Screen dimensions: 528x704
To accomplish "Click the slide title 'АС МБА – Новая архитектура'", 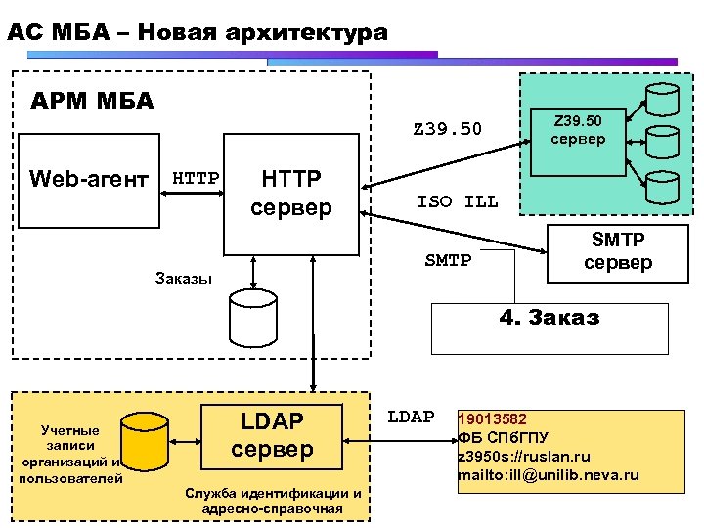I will [197, 32].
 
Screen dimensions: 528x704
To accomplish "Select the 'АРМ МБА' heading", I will [92, 101].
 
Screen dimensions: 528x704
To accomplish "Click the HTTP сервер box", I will [291, 193].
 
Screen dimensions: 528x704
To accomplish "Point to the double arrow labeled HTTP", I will [194, 192].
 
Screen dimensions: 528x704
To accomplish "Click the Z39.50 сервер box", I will [578, 130].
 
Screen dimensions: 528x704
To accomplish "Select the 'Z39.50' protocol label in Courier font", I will [447, 128].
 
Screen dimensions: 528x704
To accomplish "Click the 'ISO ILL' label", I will [457, 202].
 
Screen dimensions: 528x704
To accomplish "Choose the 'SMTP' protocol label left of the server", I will [448, 260].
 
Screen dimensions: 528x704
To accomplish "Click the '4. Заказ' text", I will [549, 317].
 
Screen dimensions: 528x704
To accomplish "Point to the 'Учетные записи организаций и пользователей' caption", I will [69, 454].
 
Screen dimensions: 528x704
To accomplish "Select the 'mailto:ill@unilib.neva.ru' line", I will [548, 475].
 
